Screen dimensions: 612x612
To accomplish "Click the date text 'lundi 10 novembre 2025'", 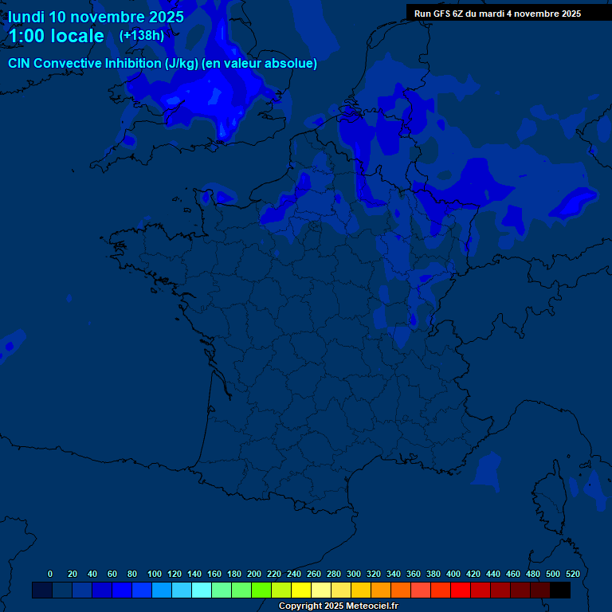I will [x=96, y=17].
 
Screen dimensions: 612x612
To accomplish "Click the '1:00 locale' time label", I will [x=56, y=36].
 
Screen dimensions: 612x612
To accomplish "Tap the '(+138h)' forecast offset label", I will [x=142, y=35].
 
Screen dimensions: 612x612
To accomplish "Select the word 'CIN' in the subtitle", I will [x=19, y=64].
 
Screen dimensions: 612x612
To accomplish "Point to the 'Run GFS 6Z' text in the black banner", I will [x=439, y=14].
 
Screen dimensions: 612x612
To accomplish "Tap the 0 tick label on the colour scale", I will [x=50, y=574].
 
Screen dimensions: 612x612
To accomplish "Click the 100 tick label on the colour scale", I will [x=155, y=574].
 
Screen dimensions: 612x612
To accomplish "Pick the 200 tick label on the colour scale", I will [x=254, y=574].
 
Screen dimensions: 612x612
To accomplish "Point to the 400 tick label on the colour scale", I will [x=453, y=574].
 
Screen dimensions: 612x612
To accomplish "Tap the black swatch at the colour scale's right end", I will [x=560, y=590].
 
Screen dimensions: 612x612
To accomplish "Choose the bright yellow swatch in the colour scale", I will [x=301, y=590].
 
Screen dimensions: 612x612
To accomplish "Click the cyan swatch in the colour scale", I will [x=202, y=590].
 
